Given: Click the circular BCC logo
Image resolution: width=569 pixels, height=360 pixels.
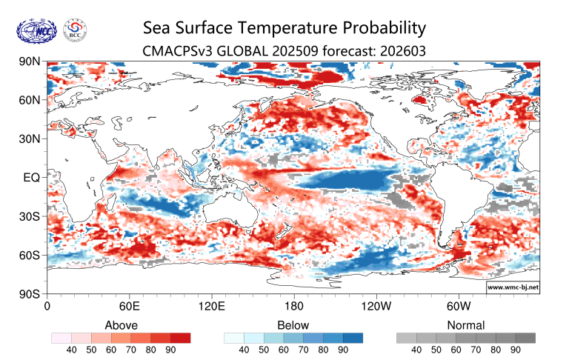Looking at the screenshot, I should click(74, 31).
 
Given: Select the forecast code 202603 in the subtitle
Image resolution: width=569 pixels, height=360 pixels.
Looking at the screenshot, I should click(403, 51).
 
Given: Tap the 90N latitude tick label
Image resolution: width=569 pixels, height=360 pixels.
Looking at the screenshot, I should click(30, 61).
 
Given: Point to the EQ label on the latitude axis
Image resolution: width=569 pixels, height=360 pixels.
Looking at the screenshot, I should click(33, 178).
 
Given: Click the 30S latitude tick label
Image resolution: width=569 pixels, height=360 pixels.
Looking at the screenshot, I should click(30, 216).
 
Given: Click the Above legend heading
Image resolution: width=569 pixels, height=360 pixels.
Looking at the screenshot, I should click(121, 325).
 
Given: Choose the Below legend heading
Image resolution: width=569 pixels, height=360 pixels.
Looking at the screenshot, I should click(293, 325).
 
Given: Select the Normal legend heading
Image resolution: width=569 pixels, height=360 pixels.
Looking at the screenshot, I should click(466, 325).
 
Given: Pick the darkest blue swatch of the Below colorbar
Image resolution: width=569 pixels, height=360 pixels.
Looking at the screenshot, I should click(353, 338).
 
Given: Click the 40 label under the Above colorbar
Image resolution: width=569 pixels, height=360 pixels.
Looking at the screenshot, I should click(72, 350).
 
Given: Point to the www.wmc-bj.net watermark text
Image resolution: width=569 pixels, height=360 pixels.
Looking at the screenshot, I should click(513, 287).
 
